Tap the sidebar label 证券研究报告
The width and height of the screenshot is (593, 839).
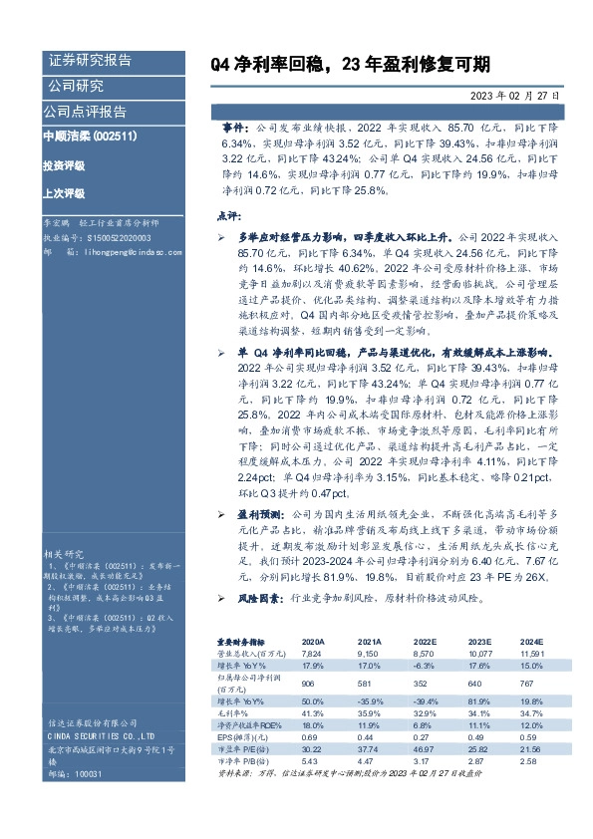[90, 61]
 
